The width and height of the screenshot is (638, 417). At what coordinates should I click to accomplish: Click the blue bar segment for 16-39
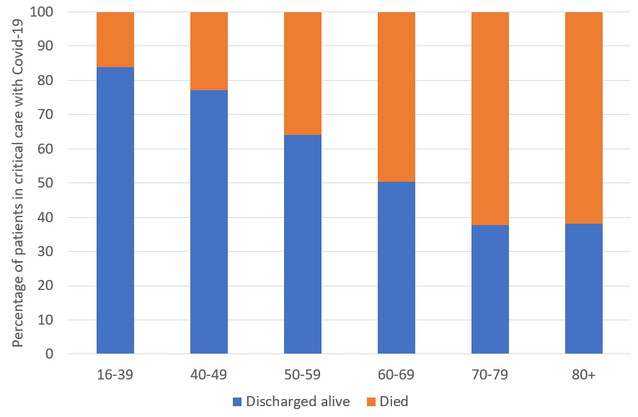115,209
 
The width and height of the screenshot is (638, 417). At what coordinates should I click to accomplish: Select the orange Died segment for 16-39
115,40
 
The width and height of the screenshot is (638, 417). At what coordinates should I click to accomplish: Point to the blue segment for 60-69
396,267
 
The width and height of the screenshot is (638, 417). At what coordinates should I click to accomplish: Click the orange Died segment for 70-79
490,119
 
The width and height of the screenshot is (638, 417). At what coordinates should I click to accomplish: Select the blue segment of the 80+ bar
584,289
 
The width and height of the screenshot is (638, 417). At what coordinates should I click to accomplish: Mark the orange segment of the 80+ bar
584,118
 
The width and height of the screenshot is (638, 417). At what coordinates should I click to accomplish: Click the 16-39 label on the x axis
115,374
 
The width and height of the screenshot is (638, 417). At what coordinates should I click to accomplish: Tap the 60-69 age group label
396,374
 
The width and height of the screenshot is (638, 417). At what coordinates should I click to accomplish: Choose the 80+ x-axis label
584,374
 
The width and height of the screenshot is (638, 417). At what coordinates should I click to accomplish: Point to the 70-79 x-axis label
490,374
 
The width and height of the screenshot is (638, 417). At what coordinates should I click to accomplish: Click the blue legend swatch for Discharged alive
236,401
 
